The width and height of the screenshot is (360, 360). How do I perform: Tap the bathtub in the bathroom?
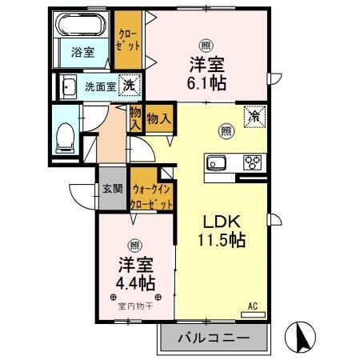click(82, 29)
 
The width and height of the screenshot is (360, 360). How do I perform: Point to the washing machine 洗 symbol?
click(128, 86)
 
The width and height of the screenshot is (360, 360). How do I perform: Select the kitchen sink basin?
click(218, 163)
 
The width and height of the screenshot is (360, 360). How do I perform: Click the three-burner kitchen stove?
click(253, 162)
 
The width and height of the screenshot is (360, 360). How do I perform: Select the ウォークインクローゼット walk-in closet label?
click(151, 196)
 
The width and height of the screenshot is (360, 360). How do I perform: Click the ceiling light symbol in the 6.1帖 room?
click(206, 46)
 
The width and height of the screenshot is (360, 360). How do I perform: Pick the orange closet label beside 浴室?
click(126, 40)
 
